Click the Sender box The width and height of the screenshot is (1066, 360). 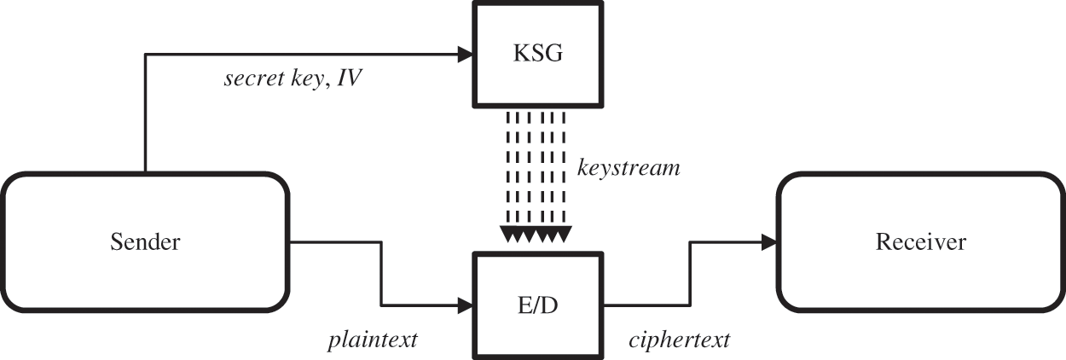pyautogui.click(x=145, y=241)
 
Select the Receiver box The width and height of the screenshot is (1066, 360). pyautogui.click(x=920, y=241)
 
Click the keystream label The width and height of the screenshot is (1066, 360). pyautogui.click(x=629, y=168)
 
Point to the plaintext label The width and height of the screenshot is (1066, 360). pyautogui.click(x=373, y=340)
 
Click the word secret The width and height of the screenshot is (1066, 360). pyautogui.click(x=252, y=80)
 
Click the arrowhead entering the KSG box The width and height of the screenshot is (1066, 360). pyautogui.click(x=465, y=55)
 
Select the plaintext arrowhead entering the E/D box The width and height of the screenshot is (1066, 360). pyautogui.click(x=465, y=305)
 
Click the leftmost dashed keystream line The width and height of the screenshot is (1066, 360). pyautogui.click(x=509, y=171)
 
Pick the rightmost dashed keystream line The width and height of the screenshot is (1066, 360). pyautogui.click(x=564, y=171)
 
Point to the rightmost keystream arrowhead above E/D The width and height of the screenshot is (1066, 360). pyautogui.click(x=563, y=235)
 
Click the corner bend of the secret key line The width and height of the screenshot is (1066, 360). pyautogui.click(x=147, y=55)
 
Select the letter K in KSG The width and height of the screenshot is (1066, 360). pyautogui.click(x=518, y=55)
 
